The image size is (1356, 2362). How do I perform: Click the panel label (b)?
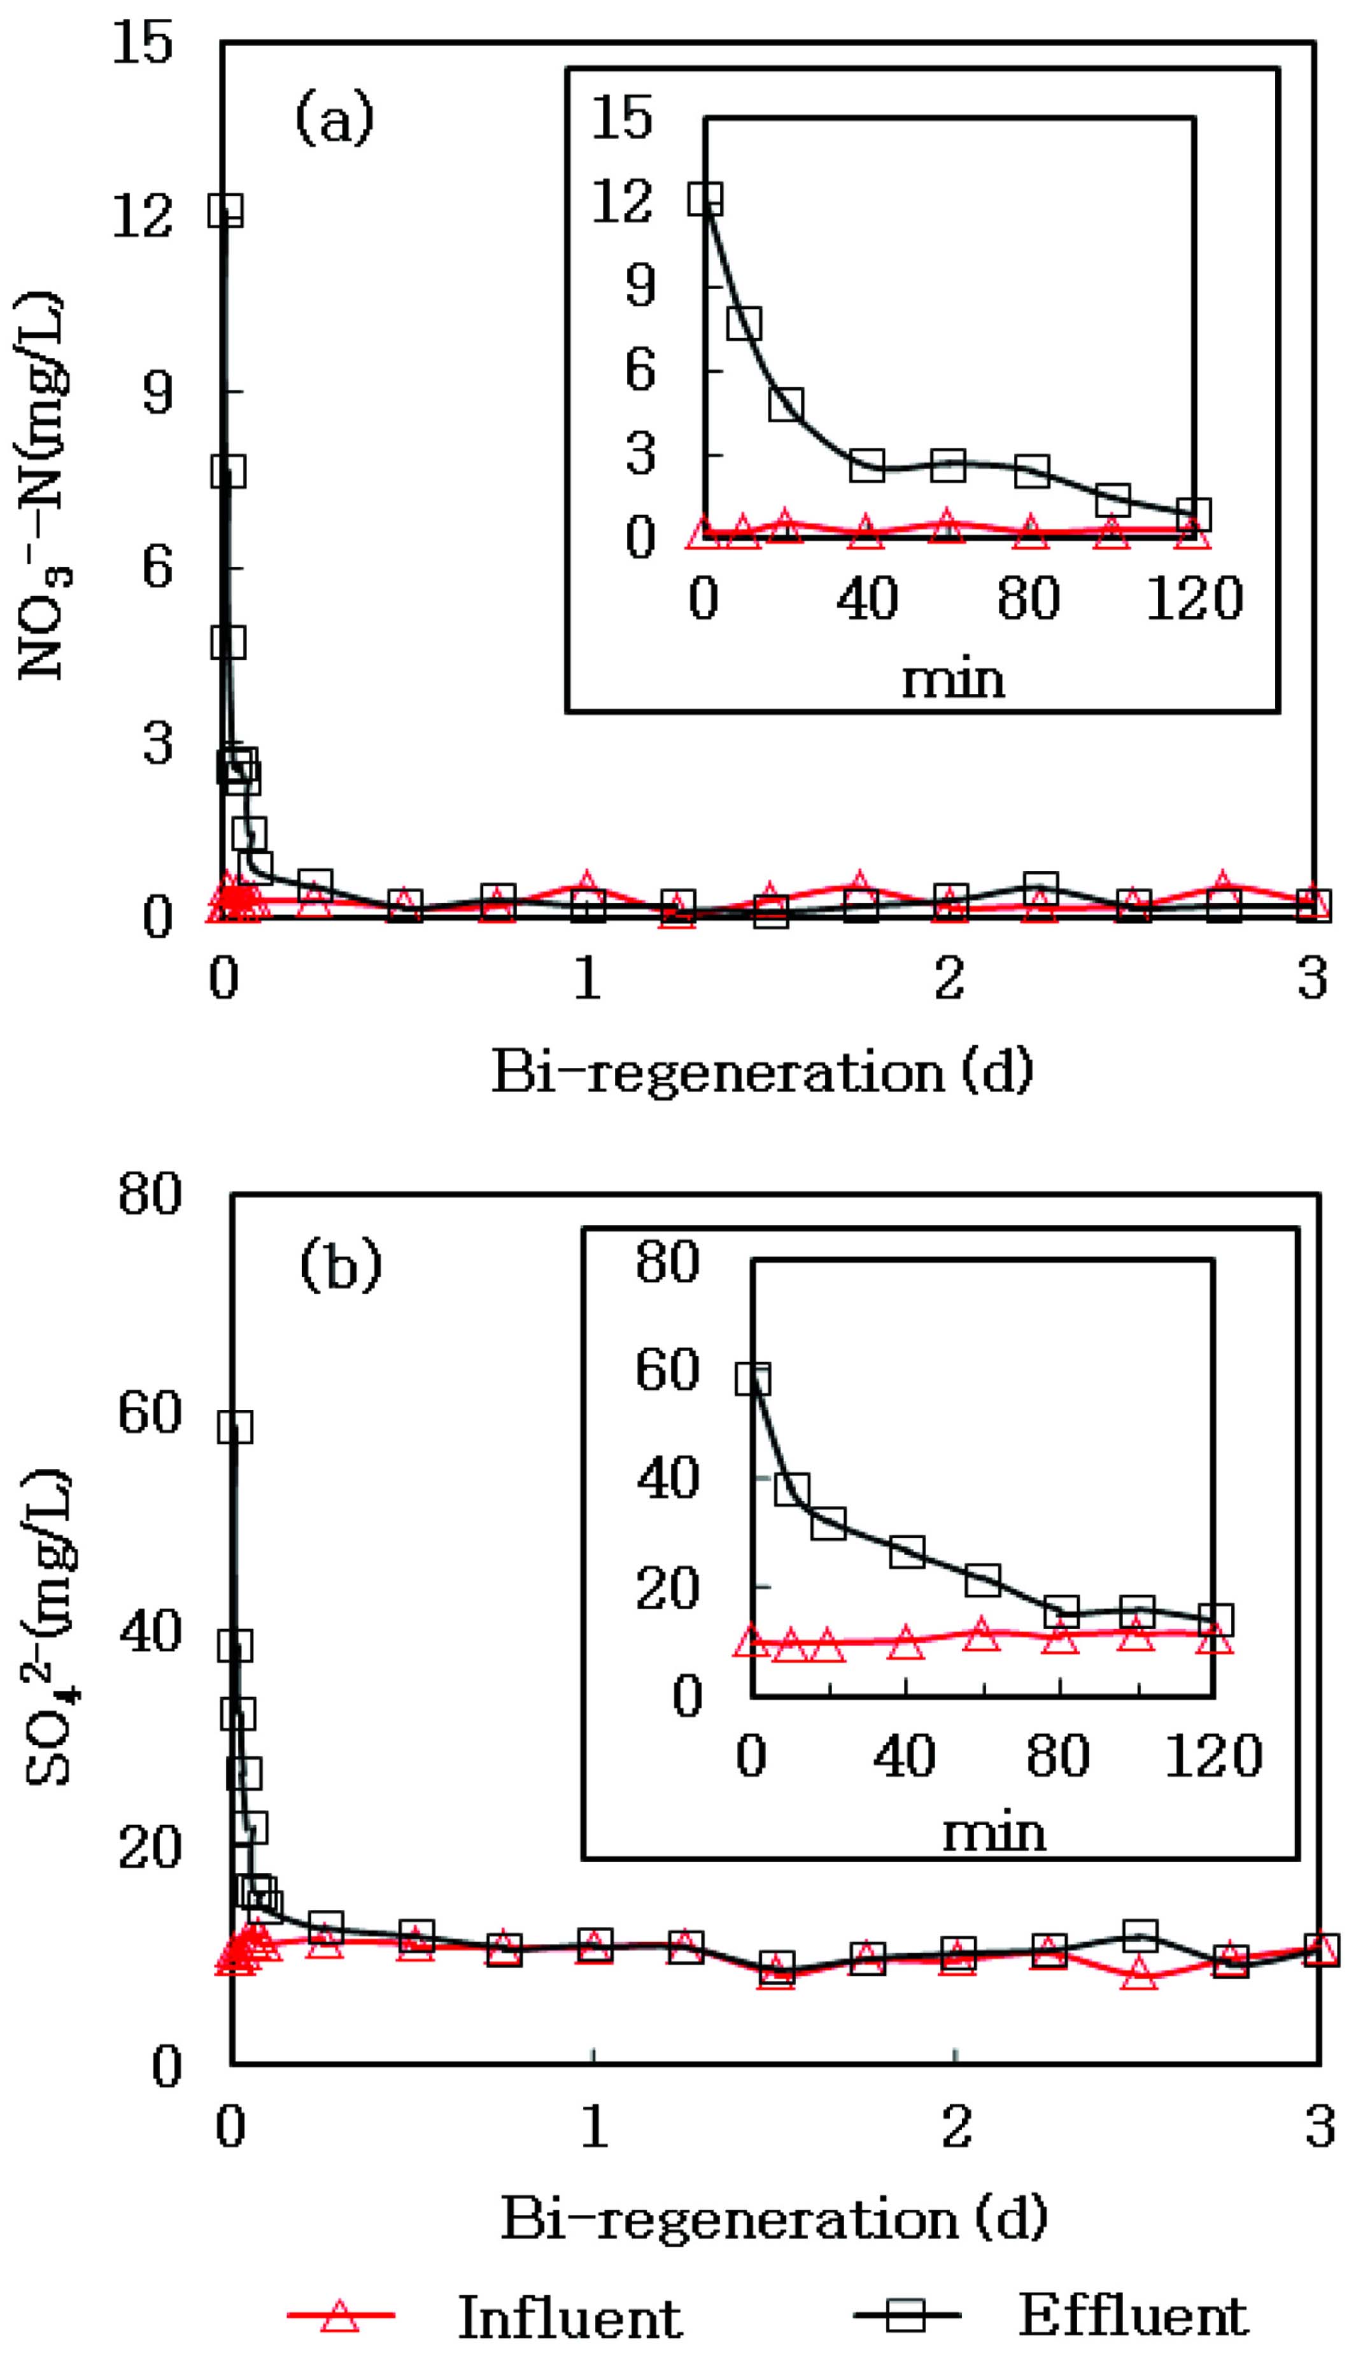341,1266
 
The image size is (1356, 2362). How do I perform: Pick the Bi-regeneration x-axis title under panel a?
763,1072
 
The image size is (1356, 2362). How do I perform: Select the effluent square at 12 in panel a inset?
705,199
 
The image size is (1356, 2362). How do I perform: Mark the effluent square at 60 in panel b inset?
752,1379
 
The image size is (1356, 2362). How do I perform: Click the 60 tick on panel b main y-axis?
149,1413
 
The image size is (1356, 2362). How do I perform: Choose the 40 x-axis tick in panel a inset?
867,598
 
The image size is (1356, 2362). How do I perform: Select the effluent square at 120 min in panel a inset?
1193,514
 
